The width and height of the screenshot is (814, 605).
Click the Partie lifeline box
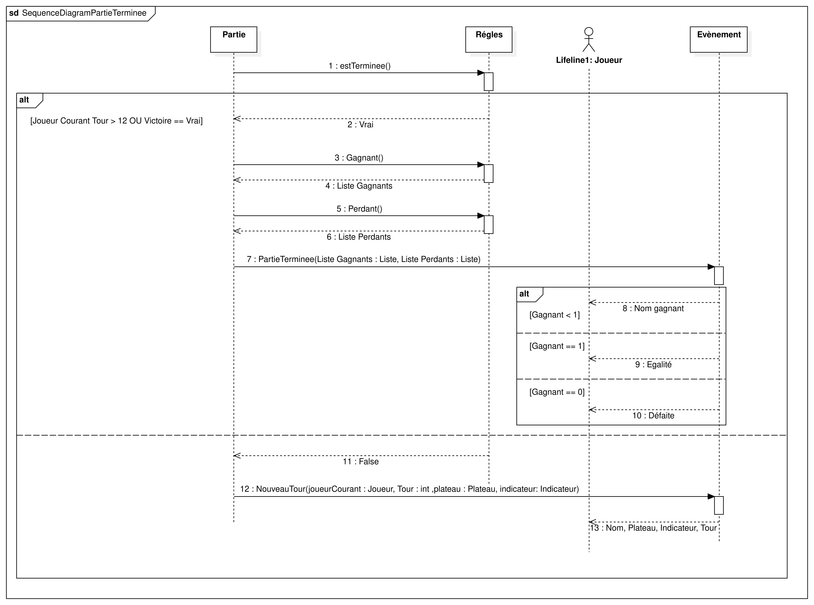[x=234, y=40]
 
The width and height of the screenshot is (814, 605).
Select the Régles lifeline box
[x=489, y=40]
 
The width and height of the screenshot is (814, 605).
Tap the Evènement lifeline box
[x=718, y=40]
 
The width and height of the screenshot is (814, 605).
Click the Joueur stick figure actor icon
[x=589, y=40]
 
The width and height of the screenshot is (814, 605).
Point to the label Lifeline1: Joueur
[x=589, y=60]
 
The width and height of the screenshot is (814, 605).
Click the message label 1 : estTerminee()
[x=359, y=66]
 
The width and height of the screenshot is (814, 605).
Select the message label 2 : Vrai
[x=360, y=125]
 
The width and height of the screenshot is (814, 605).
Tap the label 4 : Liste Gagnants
[x=359, y=186]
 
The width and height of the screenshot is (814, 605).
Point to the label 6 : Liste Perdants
[x=359, y=237]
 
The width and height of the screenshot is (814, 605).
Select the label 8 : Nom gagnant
[x=653, y=308]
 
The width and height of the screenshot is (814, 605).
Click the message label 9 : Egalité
[x=653, y=364]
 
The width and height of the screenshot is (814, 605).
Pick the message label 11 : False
[x=360, y=461]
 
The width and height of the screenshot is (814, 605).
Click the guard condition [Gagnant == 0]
[x=557, y=392]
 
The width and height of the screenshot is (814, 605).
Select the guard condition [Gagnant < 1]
[x=555, y=315]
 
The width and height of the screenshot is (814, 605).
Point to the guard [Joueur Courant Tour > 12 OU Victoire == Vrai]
[x=116, y=121]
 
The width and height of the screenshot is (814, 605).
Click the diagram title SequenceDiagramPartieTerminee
[x=84, y=13]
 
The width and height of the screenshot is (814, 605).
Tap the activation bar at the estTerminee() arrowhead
[x=489, y=82]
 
